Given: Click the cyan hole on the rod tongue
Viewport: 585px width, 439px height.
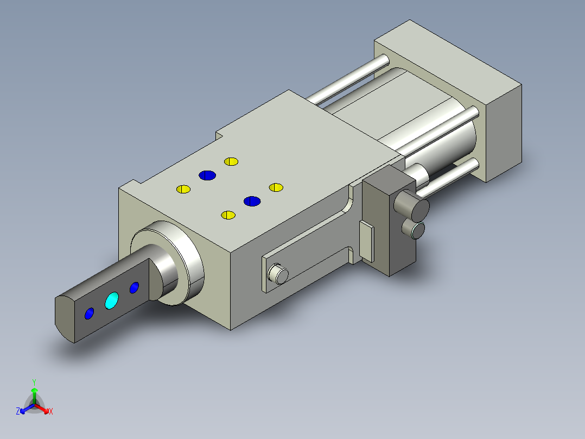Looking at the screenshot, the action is coord(112,300).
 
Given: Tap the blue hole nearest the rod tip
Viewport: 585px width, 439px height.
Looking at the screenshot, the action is coord(89,313).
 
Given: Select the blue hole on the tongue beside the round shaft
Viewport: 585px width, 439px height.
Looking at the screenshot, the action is coord(135,287).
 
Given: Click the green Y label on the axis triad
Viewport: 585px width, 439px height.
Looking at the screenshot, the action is coord(34,382).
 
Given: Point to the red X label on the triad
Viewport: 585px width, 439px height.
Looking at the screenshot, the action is coord(51,411).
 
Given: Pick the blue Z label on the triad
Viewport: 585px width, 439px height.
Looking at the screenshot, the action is coord(18,411).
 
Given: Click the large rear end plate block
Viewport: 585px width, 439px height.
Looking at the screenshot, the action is coord(448,101).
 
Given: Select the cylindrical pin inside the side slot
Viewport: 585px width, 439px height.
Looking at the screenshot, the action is coord(278,274).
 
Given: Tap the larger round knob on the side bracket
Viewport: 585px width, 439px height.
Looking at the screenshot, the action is coord(412,205).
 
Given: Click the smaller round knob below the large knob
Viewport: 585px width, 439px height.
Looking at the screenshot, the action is coord(414,229).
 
